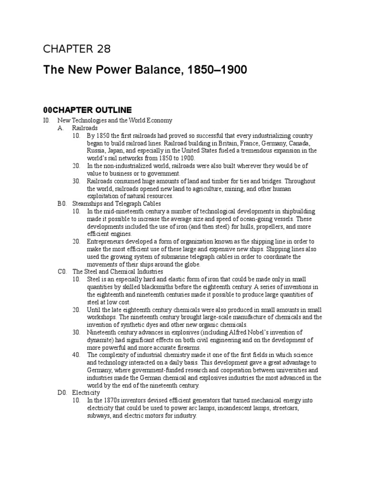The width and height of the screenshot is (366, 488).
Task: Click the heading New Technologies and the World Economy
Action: (x=114, y=121)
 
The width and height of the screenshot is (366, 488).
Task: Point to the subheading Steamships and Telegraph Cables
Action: (x=116, y=203)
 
